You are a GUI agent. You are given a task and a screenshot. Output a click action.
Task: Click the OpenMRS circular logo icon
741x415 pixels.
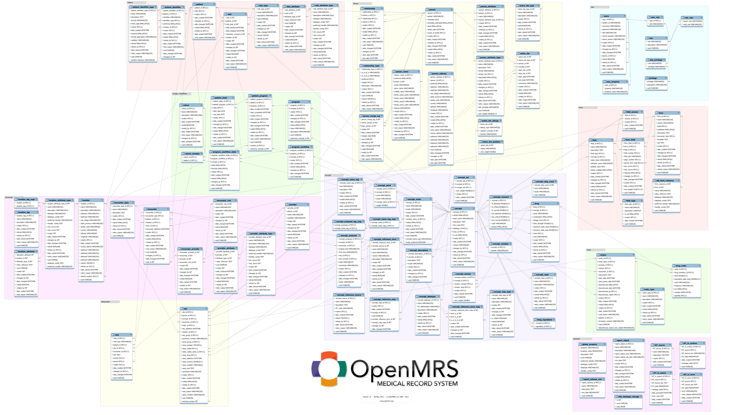pos(329,369)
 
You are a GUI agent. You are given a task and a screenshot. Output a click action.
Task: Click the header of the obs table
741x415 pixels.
pos(194,309)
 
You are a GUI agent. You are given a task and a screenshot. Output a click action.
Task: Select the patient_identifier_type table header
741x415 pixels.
pos(143,7)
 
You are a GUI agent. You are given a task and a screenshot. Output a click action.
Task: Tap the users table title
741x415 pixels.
pos(612,16)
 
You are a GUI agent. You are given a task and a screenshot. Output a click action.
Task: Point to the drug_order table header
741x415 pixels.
pos(686,266)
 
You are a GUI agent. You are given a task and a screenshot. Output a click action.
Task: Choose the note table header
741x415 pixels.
pos(122,335)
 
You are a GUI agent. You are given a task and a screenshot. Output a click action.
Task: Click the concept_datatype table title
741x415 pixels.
pos(428,297)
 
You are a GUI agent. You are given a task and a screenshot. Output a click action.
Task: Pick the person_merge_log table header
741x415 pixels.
pos(371,116)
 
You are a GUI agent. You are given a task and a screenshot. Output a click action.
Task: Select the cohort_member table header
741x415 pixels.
pos(192,154)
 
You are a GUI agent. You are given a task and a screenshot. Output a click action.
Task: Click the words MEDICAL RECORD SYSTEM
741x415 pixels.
pos(417,383)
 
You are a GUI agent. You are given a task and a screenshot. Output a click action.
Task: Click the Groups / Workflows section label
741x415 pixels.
pos(180,94)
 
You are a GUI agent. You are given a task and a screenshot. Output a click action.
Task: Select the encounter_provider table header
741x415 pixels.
pos(190,249)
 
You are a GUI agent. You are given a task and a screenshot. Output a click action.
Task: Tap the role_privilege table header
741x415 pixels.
pos(656,60)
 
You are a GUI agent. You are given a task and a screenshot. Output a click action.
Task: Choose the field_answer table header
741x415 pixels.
pos(632,112)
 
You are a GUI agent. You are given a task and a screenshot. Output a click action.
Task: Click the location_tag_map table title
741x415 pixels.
pos(26,200)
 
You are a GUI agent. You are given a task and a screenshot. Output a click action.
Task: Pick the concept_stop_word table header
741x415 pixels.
pos(545,182)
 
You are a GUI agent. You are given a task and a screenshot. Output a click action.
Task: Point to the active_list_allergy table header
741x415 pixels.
pos(490,121)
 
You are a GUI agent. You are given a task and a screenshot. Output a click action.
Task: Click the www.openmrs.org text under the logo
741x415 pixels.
pos(386,401)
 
